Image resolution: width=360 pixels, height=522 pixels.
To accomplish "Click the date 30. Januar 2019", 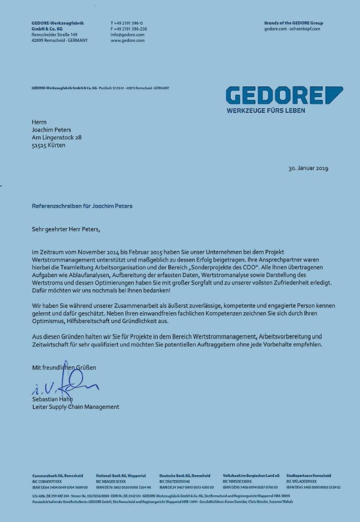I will (308, 168).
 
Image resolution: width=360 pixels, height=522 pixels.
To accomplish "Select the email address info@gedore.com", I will (128, 35).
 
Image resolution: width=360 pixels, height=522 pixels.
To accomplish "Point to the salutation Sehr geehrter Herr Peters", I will (67, 228).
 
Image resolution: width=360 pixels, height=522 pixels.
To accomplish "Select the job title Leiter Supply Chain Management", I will (75, 407).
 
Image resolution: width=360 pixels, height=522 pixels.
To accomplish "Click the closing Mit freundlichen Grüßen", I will (64, 368).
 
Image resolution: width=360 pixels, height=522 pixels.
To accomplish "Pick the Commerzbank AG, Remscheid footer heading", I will (58, 476).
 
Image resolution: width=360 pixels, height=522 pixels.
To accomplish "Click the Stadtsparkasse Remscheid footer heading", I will (308, 476).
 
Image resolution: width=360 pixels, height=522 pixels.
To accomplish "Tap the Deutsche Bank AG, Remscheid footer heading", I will (184, 476).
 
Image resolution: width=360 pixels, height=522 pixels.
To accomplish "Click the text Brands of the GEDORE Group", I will (293, 23).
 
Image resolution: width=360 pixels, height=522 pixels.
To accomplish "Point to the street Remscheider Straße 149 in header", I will (54, 35).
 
